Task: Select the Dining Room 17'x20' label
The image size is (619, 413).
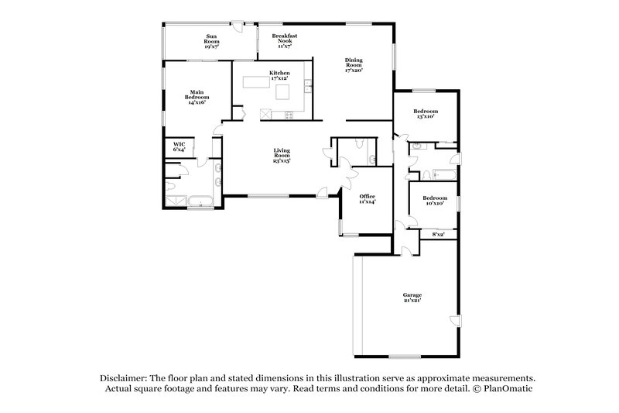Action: tap(354, 64)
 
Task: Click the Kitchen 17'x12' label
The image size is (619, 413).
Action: tap(279, 75)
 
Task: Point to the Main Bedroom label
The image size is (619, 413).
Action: tap(197, 96)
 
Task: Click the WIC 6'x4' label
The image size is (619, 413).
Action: tap(179, 146)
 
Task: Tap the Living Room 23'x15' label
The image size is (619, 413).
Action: tap(281, 156)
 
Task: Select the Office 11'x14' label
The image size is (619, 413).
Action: tap(367, 198)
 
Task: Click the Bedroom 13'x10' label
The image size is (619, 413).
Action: tap(425, 113)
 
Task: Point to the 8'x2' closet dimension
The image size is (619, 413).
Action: tap(438, 233)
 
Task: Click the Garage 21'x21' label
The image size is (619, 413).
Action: tap(412, 298)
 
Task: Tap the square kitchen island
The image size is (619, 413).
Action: tap(285, 93)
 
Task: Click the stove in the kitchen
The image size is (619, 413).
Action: tap(290, 115)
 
